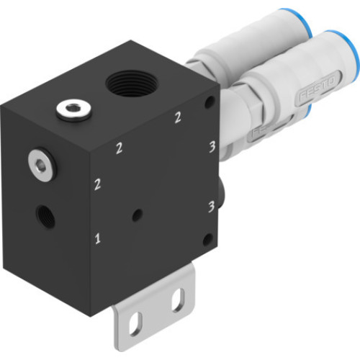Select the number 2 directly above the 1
(97, 185)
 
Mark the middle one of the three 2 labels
(120, 149)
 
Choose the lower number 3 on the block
(211, 207)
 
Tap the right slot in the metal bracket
(176, 296)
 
